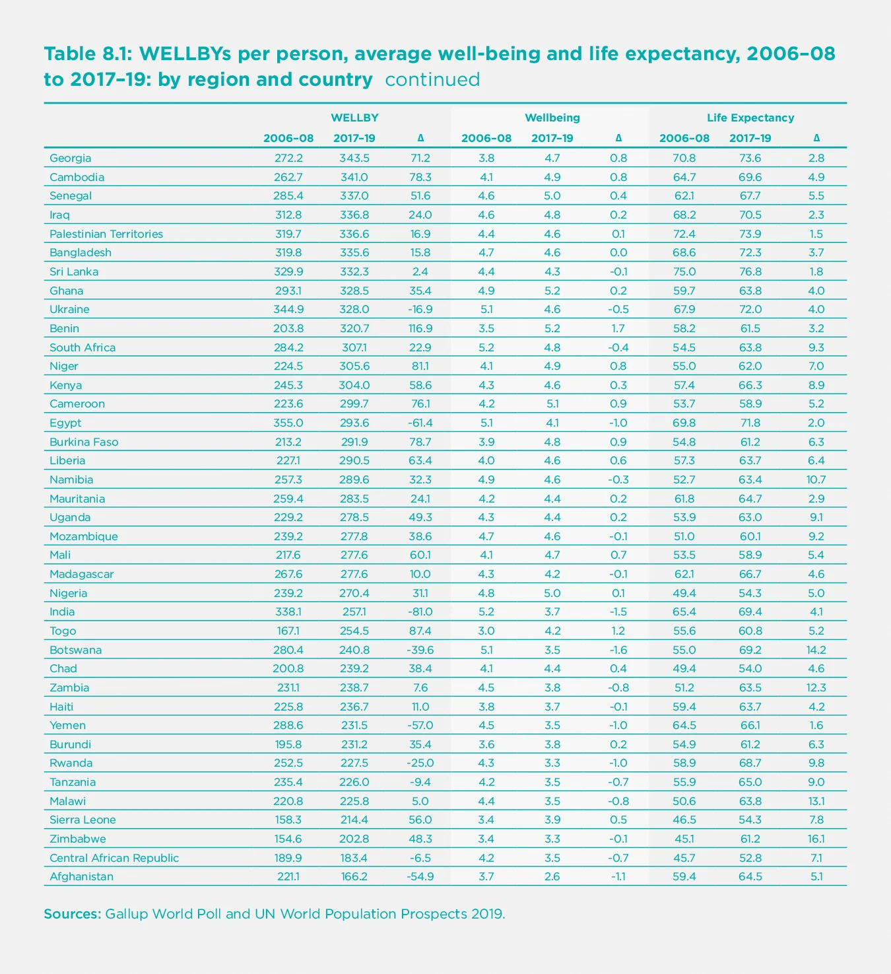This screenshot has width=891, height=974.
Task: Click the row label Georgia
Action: (71, 158)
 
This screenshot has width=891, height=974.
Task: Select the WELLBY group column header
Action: (354, 118)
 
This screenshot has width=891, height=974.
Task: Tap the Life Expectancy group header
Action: (750, 118)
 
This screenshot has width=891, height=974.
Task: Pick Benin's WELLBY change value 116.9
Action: (420, 328)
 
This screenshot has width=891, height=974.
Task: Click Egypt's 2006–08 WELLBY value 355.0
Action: (288, 423)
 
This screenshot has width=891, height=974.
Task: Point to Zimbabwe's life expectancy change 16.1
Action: (816, 839)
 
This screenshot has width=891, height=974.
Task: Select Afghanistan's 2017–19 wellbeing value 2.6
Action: (552, 876)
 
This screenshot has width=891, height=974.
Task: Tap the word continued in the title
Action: (432, 79)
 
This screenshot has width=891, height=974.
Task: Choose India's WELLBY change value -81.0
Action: (420, 611)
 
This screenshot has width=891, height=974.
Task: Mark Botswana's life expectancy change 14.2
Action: (816, 650)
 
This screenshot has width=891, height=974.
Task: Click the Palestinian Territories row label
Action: (106, 234)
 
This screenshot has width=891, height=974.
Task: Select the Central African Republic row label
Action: (114, 858)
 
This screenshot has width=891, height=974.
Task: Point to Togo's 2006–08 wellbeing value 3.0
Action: (486, 631)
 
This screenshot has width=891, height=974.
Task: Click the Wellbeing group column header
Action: (552, 118)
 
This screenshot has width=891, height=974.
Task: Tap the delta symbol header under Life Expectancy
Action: (816, 138)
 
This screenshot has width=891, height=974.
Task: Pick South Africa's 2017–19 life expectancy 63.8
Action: (750, 347)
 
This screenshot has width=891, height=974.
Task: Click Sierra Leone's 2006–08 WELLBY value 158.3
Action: (288, 819)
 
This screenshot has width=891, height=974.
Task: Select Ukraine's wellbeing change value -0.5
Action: (618, 309)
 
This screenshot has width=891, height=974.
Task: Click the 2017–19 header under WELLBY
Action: (354, 138)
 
